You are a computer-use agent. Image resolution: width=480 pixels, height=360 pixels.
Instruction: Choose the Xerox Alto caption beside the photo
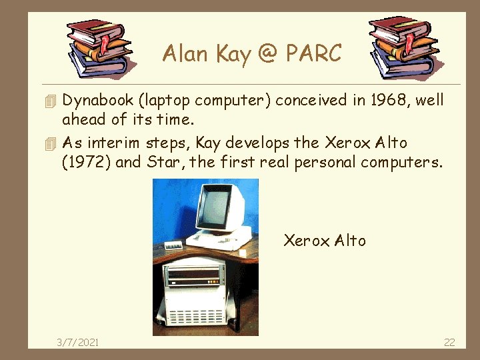(x=325, y=240)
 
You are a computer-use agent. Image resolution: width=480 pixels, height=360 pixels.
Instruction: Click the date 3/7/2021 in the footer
(x=78, y=342)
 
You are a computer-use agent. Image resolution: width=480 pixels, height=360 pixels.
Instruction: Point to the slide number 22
(x=449, y=342)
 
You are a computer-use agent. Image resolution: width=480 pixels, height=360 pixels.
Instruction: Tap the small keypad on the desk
(x=175, y=245)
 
